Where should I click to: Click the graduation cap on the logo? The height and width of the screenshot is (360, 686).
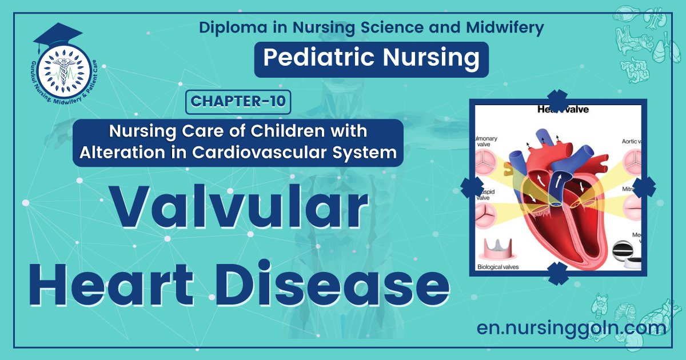tap(57, 35)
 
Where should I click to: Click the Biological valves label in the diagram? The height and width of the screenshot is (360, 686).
tap(501, 267)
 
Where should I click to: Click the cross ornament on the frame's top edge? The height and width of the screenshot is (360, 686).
tap(557, 99)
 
